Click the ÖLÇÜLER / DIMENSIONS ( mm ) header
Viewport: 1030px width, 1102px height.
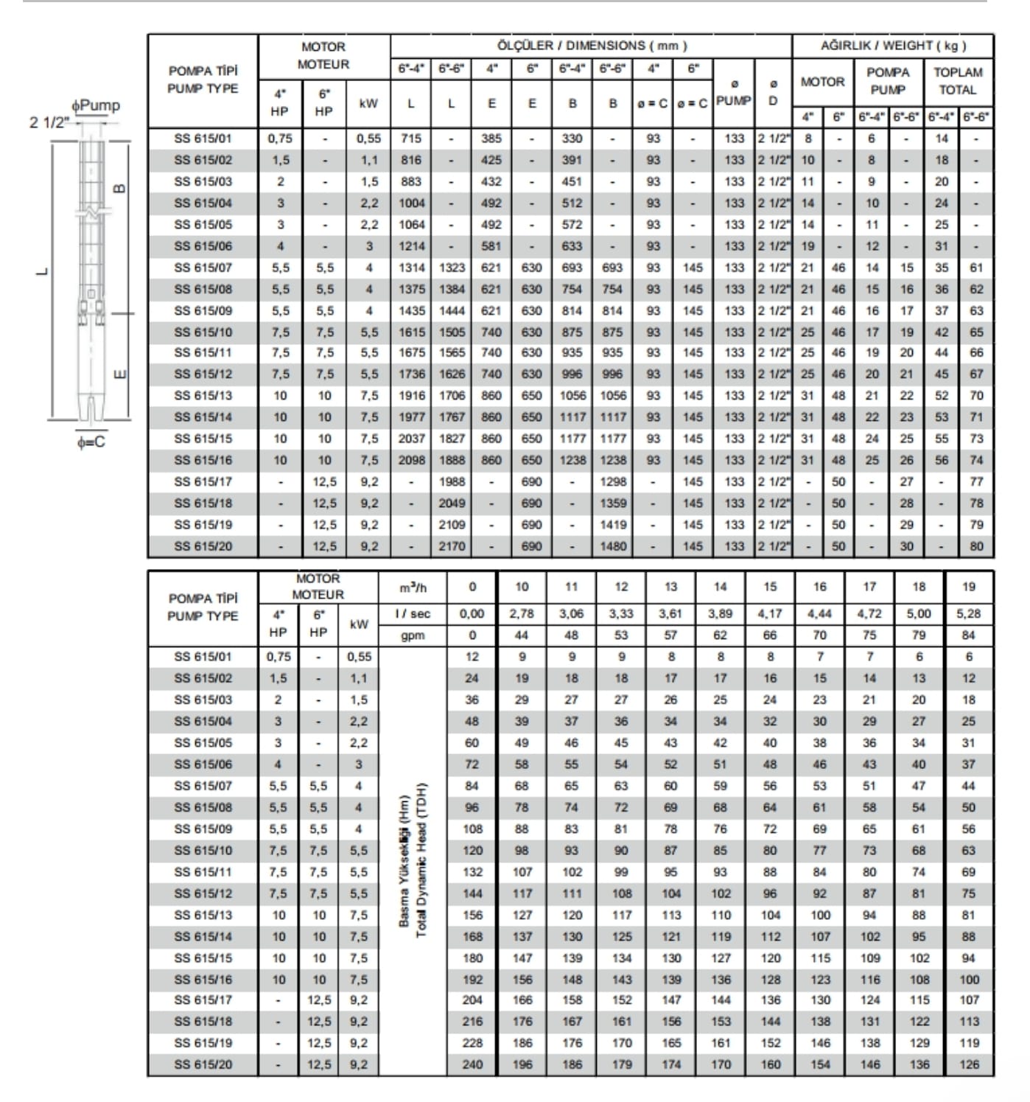pyautogui.click(x=592, y=46)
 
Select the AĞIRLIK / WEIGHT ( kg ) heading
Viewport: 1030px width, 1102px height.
pyautogui.click(x=893, y=46)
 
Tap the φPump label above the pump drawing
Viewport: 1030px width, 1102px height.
pyautogui.click(x=95, y=105)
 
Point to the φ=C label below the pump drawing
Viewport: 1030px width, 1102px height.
pyautogui.click(x=91, y=442)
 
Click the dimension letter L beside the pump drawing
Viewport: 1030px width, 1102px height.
pyautogui.click(x=43, y=271)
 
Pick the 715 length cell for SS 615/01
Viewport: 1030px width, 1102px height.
pyautogui.click(x=411, y=139)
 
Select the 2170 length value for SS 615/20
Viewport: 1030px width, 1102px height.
pyautogui.click(x=452, y=547)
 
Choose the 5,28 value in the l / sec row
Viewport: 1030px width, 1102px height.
pyautogui.click(x=969, y=613)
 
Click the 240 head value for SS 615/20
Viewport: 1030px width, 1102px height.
pyautogui.click(x=472, y=1064)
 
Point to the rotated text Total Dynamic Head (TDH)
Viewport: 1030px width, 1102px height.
pyautogui.click(x=422, y=859)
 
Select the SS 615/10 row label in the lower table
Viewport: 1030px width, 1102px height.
pyautogui.click(x=203, y=850)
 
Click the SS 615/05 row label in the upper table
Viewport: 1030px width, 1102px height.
pyautogui.click(x=203, y=225)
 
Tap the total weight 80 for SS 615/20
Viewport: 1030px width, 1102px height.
pyautogui.click(x=976, y=547)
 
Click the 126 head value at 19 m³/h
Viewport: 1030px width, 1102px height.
pyautogui.click(x=969, y=1064)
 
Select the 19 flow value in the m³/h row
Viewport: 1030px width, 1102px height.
pyautogui.click(x=969, y=587)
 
